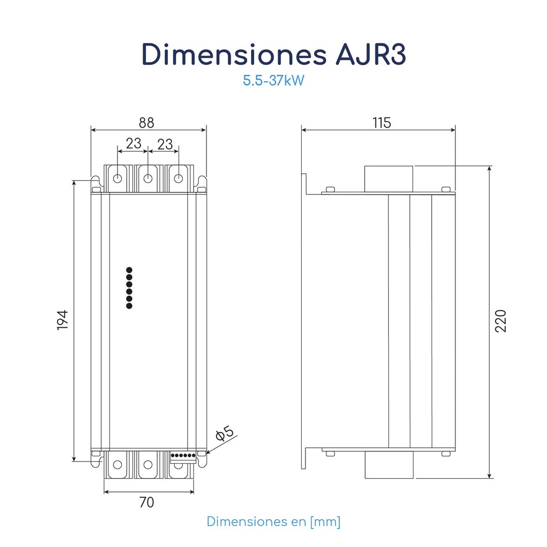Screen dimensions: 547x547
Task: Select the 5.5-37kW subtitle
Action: tap(273, 81)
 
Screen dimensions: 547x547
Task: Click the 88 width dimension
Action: tap(146, 123)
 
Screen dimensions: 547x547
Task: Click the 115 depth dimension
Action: tap(381, 123)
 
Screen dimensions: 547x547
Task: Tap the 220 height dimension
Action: tap(500, 321)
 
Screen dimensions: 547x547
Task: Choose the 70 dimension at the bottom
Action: tap(146, 502)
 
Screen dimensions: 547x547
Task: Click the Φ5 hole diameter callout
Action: tap(225, 434)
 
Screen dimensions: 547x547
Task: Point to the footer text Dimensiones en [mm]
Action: tap(273, 521)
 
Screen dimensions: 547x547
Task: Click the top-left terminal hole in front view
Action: tap(118, 178)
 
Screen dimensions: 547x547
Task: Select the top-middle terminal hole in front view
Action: tap(148, 178)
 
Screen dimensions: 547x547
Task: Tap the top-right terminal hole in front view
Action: tap(179, 178)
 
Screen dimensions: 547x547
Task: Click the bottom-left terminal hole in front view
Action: tap(118, 465)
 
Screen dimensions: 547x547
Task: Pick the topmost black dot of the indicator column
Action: tap(129, 270)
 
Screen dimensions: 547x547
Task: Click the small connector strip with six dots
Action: tap(183, 456)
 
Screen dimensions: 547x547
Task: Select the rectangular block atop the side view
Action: tap(389, 179)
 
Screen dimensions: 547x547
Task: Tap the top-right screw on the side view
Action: tap(446, 188)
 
